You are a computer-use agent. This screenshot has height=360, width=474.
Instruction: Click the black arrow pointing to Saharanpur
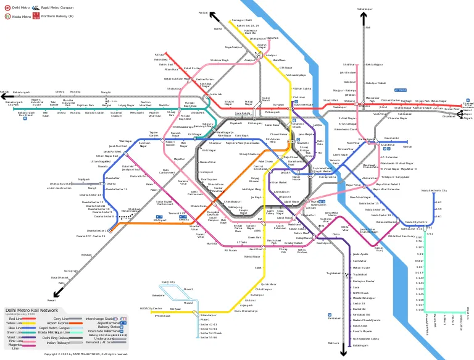(x=365, y=14)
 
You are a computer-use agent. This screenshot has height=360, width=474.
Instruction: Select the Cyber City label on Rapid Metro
(x=168, y=282)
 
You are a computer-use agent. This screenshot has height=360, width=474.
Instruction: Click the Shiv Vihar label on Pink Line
(x=349, y=64)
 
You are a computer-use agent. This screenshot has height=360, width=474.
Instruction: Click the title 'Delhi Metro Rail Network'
(x=32, y=310)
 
